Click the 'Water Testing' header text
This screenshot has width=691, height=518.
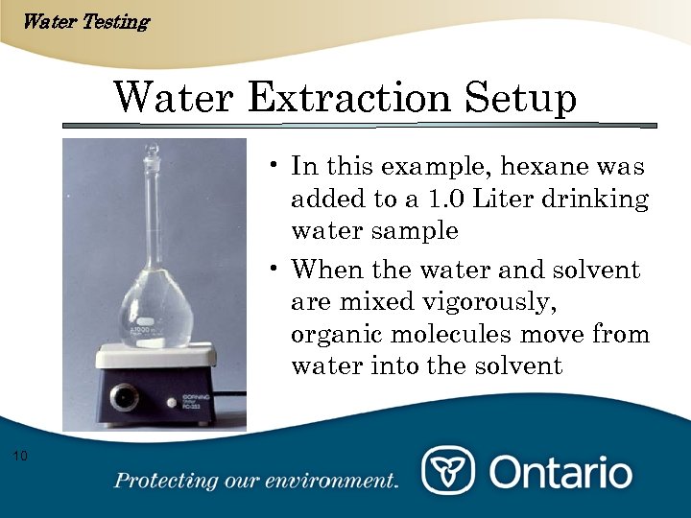point(84,21)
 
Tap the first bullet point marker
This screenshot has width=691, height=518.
point(274,165)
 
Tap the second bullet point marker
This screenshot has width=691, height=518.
point(274,269)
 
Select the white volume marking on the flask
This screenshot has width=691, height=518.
point(144,327)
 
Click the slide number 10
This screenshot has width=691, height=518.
point(21,454)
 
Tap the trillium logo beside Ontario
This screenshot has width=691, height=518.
point(448,472)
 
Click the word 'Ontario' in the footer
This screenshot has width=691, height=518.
point(561,473)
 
